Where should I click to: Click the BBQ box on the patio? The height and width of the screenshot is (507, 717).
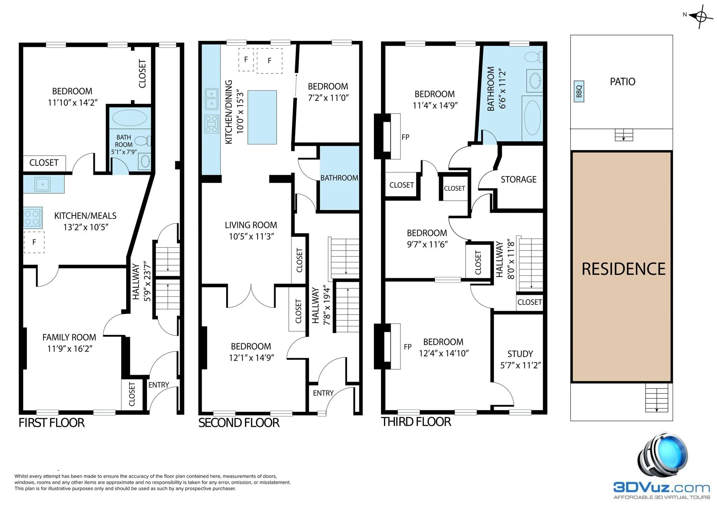pyautogui.click(x=579, y=91)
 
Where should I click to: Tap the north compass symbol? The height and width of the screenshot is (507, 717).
pyautogui.click(x=701, y=16)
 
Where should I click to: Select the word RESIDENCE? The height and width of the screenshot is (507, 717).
pyautogui.click(x=623, y=269)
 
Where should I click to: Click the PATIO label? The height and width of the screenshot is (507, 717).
pyautogui.click(x=622, y=82)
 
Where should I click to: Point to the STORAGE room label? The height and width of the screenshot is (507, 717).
pyautogui.click(x=518, y=179)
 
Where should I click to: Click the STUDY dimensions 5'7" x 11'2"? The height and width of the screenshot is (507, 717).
pyautogui.click(x=520, y=365)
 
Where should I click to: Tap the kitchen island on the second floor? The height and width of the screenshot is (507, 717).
pyautogui.click(x=262, y=117)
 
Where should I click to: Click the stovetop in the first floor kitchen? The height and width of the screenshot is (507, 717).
pyautogui.click(x=33, y=218)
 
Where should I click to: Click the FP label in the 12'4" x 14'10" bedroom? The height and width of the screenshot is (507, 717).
pyautogui.click(x=407, y=347)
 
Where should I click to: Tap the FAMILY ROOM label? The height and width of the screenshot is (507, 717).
pyautogui.click(x=69, y=337)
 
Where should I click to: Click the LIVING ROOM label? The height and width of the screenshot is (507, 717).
pyautogui.click(x=251, y=225)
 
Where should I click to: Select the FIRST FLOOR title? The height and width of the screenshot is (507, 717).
pyautogui.click(x=51, y=423)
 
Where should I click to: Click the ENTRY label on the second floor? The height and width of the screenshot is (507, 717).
pyautogui.click(x=323, y=393)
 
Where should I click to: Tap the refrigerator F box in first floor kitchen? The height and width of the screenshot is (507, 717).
pyautogui.click(x=34, y=242)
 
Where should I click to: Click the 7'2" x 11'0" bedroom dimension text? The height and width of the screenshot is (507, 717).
pyautogui.click(x=328, y=98)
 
